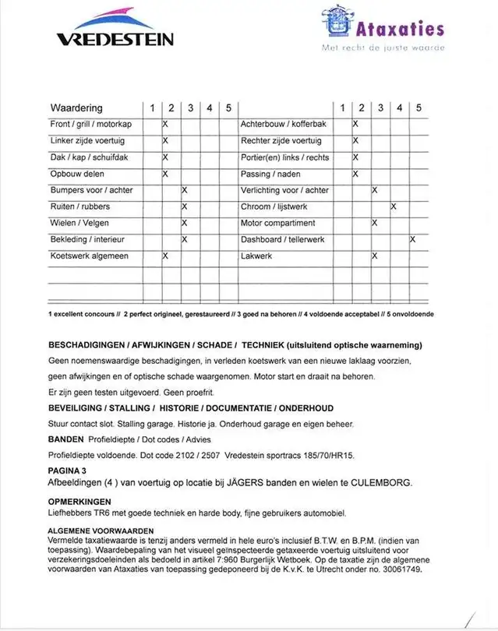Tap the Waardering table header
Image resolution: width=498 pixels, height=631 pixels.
(76, 108)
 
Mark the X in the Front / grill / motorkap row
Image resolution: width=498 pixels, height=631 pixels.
(165, 124)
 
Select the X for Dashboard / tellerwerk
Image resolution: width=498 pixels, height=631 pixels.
(412, 239)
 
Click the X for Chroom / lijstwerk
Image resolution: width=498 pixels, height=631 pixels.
(394, 206)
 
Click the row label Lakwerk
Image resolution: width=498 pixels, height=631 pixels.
(257, 256)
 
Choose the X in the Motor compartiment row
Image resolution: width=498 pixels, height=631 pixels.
(375, 223)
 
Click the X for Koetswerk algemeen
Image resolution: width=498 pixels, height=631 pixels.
(165, 256)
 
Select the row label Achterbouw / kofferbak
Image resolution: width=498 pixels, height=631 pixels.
(284, 124)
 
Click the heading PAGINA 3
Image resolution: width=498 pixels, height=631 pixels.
(67, 471)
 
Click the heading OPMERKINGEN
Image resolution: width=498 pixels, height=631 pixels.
(79, 502)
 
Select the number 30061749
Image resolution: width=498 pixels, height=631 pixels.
(402, 569)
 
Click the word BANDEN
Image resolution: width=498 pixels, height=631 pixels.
(66, 439)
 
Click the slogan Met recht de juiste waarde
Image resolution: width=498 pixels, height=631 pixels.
(383, 48)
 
